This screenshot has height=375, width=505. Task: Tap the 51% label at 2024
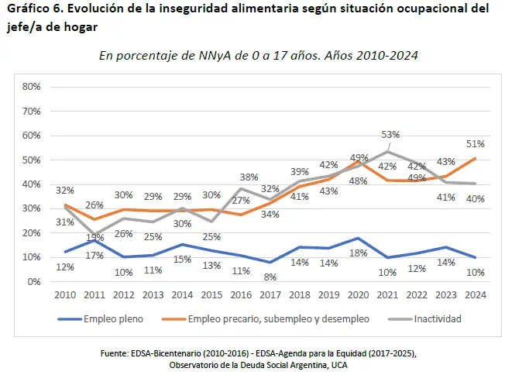[475, 144]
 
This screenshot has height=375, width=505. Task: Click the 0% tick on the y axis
[34, 281]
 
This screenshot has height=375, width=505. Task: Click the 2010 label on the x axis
[65, 295]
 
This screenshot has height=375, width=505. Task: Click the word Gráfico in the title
[29, 9]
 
